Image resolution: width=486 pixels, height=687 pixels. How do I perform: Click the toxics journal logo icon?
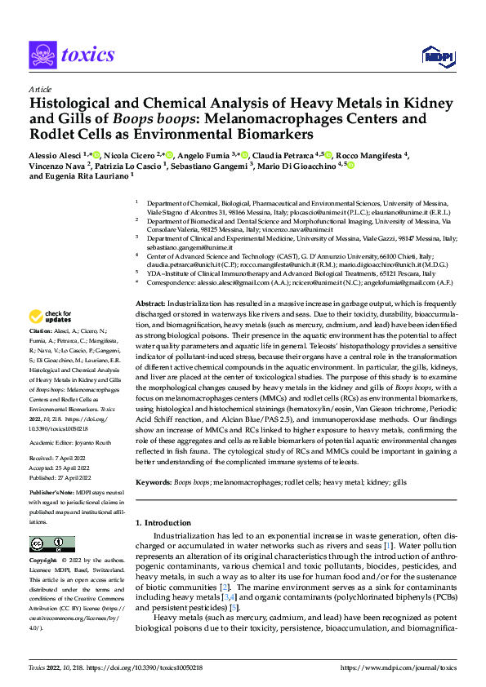coord(42,55)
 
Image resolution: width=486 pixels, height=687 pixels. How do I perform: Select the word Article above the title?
coord(38,88)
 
